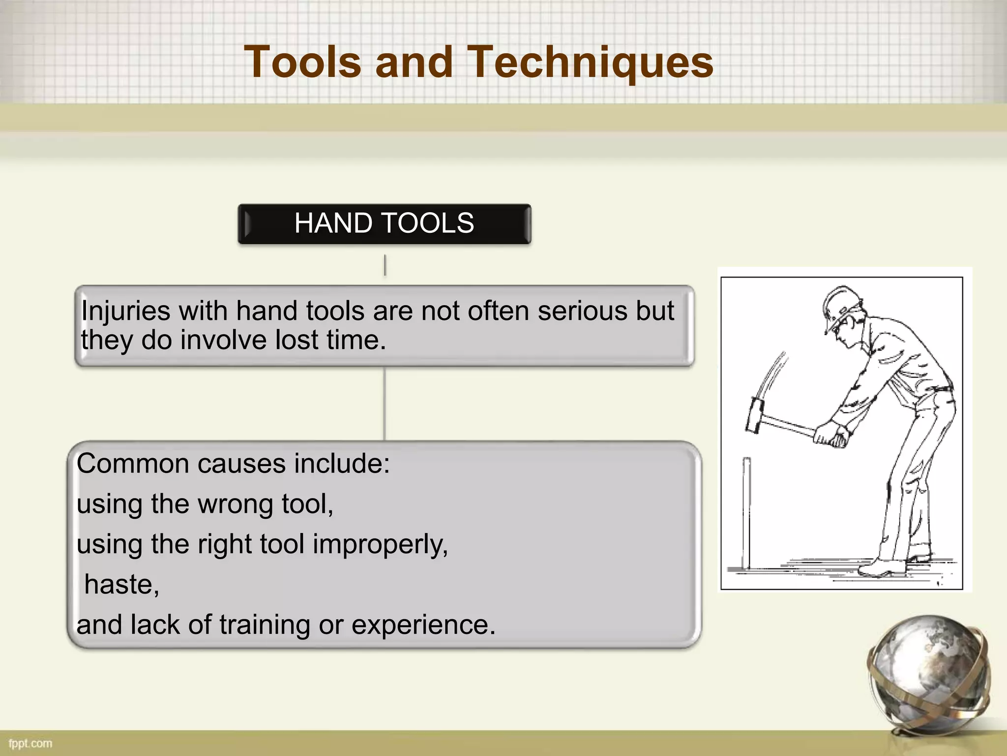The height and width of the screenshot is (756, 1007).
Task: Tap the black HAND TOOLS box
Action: pyautogui.click(x=384, y=223)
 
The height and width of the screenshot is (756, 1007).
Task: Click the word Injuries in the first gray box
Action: pyautogui.click(x=125, y=311)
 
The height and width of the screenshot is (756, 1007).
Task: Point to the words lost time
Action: pyautogui.click(x=330, y=340)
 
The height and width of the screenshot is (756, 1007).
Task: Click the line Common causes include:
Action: pyautogui.click(x=233, y=464)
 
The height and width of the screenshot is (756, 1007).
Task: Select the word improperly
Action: pyautogui.click(x=380, y=545)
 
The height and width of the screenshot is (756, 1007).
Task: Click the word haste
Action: pyautogui.click(x=121, y=585)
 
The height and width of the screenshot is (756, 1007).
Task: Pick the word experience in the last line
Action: pyautogui.click(x=423, y=625)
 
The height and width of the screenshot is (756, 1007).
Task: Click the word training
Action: pyautogui.click(x=266, y=625)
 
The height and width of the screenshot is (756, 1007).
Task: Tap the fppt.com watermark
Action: pyautogui.click(x=30, y=743)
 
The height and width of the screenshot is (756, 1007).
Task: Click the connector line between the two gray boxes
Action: pyautogui.click(x=385, y=404)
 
